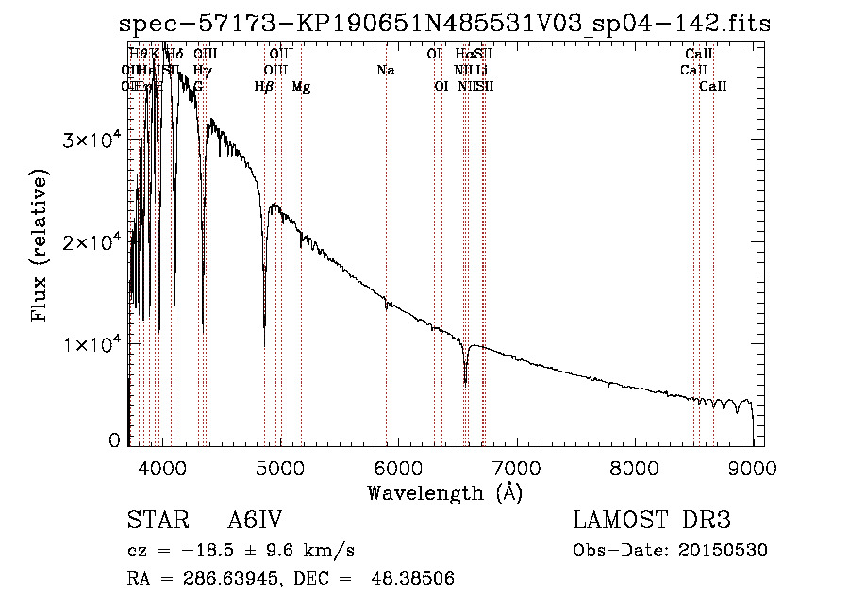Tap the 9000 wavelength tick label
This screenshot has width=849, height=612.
click(x=752, y=467)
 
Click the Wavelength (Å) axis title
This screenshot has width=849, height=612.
click(x=444, y=492)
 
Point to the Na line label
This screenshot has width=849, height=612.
click(x=385, y=71)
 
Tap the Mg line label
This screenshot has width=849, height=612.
click(x=301, y=87)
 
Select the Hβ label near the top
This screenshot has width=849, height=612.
click(x=264, y=87)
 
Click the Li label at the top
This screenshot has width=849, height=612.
click(x=481, y=71)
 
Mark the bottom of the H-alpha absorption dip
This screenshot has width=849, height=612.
click(x=465, y=383)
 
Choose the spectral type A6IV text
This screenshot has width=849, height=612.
click(x=255, y=521)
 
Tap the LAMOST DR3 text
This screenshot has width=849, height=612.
click(x=652, y=521)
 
